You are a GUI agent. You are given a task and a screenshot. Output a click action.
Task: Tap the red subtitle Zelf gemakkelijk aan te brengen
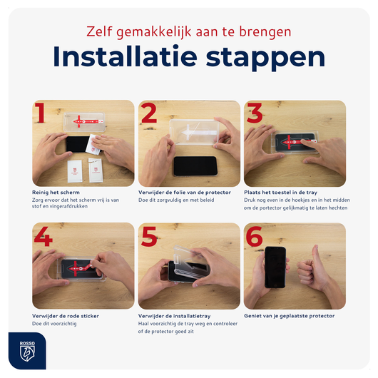click(x=188, y=32)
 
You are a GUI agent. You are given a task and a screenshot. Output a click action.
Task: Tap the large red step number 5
click(x=148, y=237)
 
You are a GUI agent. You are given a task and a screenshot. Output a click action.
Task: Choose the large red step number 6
click(x=255, y=237)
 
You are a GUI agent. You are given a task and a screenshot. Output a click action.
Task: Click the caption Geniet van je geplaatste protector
click(x=289, y=315)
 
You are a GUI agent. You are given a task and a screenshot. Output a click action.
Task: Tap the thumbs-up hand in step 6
click(x=311, y=270)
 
